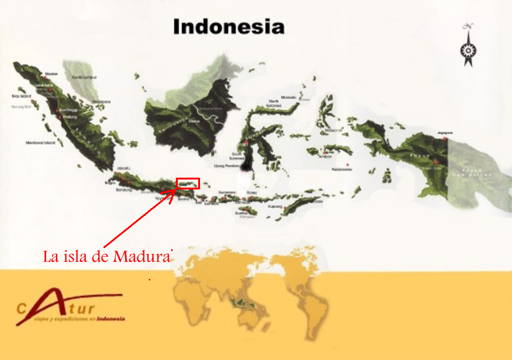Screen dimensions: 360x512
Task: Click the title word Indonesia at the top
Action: point(229,27)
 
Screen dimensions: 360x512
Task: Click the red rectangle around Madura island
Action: point(188,183)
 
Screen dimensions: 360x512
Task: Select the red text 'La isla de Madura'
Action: point(107,257)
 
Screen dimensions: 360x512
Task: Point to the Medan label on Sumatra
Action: point(51,74)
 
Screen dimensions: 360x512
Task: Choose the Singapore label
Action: point(101,101)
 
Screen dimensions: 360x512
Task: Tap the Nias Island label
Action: point(21,96)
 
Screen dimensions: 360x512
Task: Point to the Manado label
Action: point(288,98)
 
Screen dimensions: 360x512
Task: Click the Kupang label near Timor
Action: point(274,207)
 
